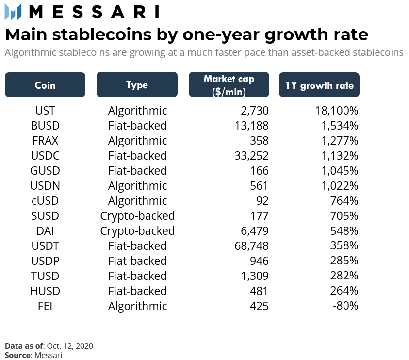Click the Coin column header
point(45,85)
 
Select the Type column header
point(137,85)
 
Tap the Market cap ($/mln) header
point(229,85)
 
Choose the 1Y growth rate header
point(319,85)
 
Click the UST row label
point(45,111)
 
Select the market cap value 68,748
point(251,246)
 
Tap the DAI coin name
point(45,231)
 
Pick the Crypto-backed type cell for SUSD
point(137,216)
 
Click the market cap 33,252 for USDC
point(251,156)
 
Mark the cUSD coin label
point(45,201)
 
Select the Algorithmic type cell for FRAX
point(137,141)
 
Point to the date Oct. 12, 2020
point(70,346)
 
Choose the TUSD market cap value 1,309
point(254,276)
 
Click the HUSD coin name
point(45,291)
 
